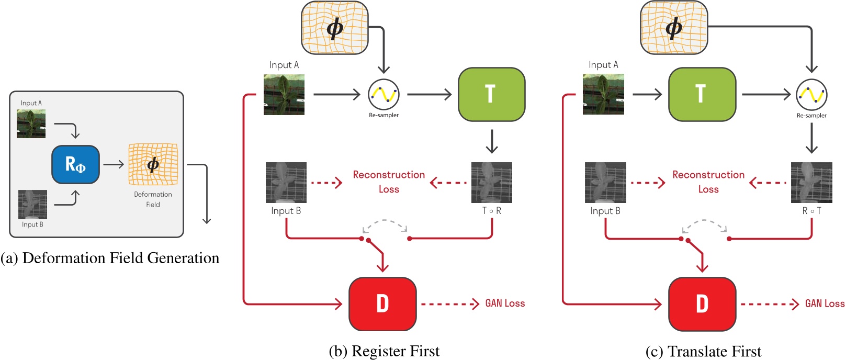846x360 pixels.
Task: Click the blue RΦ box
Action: [75, 164]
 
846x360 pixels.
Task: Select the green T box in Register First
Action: [491, 94]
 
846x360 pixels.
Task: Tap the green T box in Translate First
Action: [702, 94]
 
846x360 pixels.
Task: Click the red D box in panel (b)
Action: [382, 303]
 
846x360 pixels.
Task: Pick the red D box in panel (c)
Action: [702, 303]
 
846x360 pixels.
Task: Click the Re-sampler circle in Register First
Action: [383, 95]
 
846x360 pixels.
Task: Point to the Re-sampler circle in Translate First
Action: [811, 95]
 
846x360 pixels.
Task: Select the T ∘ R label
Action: [491, 211]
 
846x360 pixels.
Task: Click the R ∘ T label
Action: [811, 211]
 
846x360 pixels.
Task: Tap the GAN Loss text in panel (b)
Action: [504, 303]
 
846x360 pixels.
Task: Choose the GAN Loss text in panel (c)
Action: [824, 303]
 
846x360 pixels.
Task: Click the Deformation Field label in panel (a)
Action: [153, 199]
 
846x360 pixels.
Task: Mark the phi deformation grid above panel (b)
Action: [335, 27]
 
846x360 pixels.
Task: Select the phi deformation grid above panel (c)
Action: [674, 27]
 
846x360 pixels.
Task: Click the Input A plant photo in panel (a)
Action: [31, 123]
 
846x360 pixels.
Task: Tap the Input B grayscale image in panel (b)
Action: [286, 183]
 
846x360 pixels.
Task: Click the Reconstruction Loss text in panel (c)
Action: [708, 182]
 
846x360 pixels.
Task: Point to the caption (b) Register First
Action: [384, 351]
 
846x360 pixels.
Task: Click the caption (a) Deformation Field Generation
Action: [110, 258]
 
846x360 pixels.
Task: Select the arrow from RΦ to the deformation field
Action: [114, 164]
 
